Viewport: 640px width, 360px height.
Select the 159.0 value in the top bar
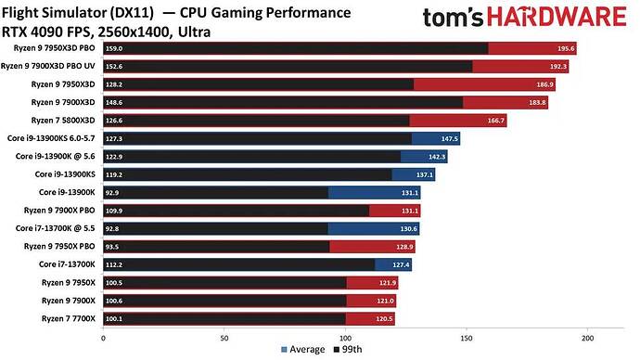tap(116, 49)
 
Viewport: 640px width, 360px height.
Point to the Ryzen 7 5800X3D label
tap(63, 119)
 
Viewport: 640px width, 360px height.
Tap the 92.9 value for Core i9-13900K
tap(115, 192)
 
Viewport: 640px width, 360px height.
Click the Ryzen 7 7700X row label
tap(67, 318)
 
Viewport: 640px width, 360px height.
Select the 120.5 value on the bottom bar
tap(383, 318)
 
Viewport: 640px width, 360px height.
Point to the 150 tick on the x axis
tap(467, 338)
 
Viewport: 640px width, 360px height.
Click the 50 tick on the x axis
tap(224, 338)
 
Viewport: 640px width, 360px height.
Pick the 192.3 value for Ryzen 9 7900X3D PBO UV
tap(557, 67)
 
